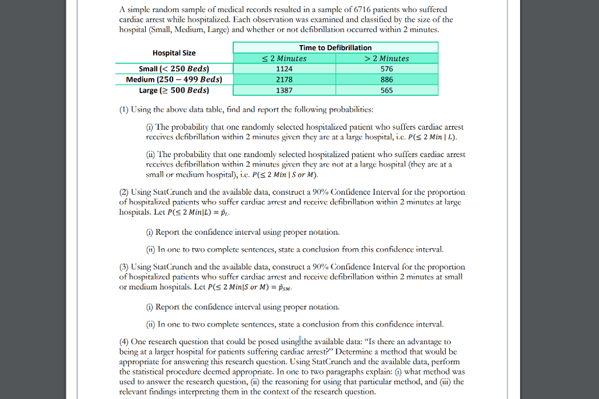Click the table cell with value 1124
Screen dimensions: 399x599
(284, 69)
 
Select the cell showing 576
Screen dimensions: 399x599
(387, 69)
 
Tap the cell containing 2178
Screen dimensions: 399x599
(284, 79)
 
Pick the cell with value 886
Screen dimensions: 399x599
(387, 79)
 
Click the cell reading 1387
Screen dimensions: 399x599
(284, 91)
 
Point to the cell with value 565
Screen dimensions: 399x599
(387, 91)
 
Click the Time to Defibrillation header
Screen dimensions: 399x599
(335, 47)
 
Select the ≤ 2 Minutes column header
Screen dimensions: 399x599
(284, 58)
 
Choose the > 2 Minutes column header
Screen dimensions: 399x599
(387, 58)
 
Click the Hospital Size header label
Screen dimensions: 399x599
(174, 53)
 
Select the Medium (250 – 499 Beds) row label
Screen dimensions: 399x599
(174, 79)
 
